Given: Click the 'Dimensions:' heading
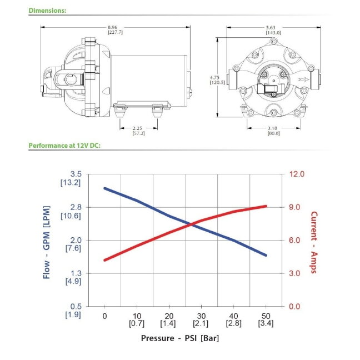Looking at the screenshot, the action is pyautogui.click(x=47, y=11).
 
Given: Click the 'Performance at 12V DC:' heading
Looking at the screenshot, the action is pyautogui.click(x=64, y=146).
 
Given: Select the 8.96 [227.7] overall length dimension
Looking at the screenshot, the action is pyautogui.click(x=115, y=30).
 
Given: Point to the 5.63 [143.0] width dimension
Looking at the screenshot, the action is pyautogui.click(x=273, y=30).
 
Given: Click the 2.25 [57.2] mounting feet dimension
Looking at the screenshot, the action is pyautogui.click(x=138, y=131).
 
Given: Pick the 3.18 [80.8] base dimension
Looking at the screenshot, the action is pyautogui.click(x=273, y=131).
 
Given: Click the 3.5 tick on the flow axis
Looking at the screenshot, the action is pyautogui.click(x=76, y=174).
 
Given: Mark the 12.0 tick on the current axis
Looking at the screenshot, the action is pyautogui.click(x=297, y=174).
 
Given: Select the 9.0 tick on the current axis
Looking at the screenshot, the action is pyautogui.click(x=294, y=207).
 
